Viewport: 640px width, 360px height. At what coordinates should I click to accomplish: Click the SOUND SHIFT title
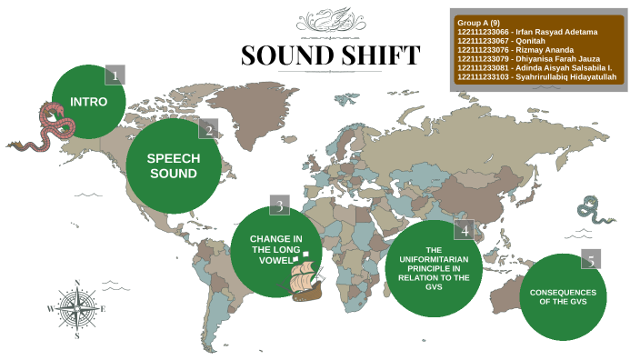coord(331,56)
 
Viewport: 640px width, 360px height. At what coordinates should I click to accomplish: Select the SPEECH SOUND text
coord(173,165)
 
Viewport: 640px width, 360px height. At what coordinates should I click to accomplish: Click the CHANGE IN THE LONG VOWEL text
coord(276,250)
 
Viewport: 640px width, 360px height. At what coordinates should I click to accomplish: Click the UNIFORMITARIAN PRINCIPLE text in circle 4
coord(434,268)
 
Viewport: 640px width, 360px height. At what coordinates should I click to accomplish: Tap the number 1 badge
coord(115,75)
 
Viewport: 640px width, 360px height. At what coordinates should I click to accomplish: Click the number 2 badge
coord(208,129)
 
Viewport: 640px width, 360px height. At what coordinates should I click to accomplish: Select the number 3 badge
coord(280,205)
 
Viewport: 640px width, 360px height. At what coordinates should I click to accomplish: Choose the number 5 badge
coord(590,261)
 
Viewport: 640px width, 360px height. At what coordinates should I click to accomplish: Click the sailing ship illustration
coord(307,276)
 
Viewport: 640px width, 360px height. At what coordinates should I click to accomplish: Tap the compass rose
coord(77,308)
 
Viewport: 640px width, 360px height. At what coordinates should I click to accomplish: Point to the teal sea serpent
coord(596,211)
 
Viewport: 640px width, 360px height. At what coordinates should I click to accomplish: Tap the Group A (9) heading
coord(479,23)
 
